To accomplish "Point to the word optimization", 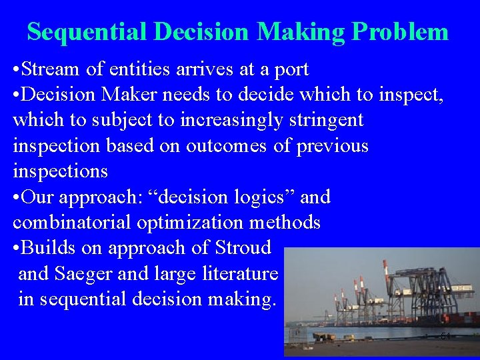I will pyautogui.click(x=189, y=223).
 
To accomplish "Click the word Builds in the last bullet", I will pyautogui.click(x=49, y=247).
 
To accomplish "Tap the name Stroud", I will pyautogui.click(x=243, y=247).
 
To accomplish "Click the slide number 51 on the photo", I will pyautogui.click(x=445, y=337).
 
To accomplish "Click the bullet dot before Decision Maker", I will pyautogui.click(x=16, y=95).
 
